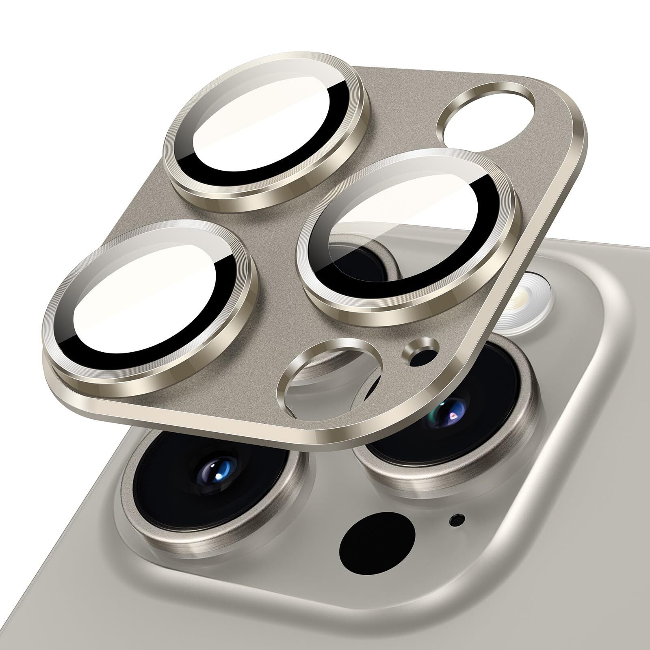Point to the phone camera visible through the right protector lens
point(357,260)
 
